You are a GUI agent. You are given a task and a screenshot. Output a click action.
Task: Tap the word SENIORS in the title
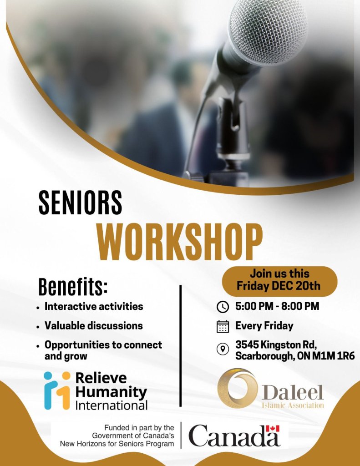coord(80,203)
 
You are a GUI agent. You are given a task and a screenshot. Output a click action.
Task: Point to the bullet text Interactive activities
coord(94,306)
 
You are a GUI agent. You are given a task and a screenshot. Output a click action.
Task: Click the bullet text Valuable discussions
coord(93,325)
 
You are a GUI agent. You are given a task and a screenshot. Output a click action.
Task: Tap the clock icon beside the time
coord(223,307)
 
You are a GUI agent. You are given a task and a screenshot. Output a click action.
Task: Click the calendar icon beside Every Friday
coord(223,326)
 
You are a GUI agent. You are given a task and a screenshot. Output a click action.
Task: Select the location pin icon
coord(223,349)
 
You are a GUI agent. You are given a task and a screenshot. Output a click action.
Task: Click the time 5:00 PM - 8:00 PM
coord(277,306)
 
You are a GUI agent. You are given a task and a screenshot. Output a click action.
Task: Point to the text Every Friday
coord(264,326)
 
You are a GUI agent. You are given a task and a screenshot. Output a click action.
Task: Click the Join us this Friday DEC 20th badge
coord(279,280)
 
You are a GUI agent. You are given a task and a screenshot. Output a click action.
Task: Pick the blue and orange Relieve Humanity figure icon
coord(56,390)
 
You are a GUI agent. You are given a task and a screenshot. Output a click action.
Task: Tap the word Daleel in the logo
coord(293,393)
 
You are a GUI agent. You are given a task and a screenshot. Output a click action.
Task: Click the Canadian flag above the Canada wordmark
coord(272,429)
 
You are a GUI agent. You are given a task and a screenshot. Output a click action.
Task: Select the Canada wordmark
coord(234,436)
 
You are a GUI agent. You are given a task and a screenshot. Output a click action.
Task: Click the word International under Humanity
coord(111,405)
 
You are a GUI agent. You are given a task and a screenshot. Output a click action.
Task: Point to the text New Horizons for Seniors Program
coord(117,444)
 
